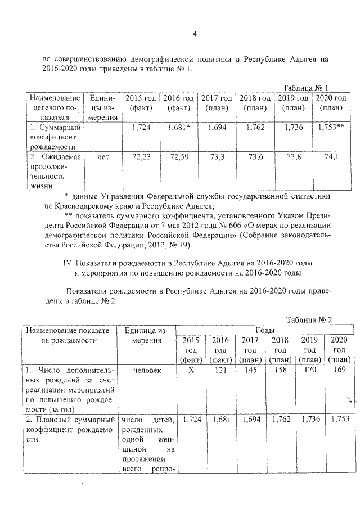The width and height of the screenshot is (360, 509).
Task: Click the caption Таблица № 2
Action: pos(309,319)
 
